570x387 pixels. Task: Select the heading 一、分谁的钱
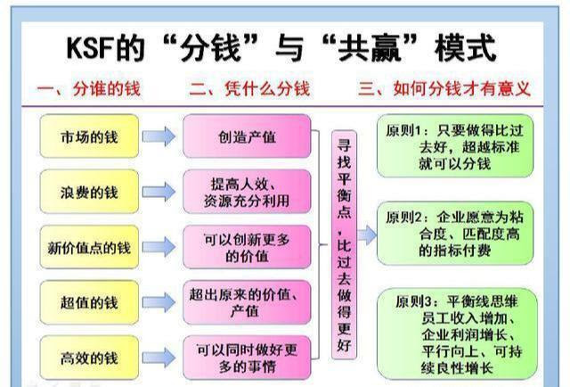tap(88, 89)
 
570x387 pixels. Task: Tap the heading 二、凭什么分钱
tap(248, 89)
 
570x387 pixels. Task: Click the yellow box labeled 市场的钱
tap(89, 137)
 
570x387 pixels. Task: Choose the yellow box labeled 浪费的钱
tap(89, 192)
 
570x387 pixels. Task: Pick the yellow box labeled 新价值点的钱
tap(89, 247)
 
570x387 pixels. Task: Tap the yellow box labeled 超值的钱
tap(89, 302)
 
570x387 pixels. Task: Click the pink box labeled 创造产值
tap(247, 137)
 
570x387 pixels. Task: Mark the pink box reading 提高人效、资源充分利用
tap(247, 192)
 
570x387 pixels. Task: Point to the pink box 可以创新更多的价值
tap(247, 247)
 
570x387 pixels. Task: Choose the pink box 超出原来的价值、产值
tap(247, 302)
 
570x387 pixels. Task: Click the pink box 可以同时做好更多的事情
tap(247, 356)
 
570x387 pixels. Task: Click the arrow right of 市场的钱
tap(158, 137)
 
